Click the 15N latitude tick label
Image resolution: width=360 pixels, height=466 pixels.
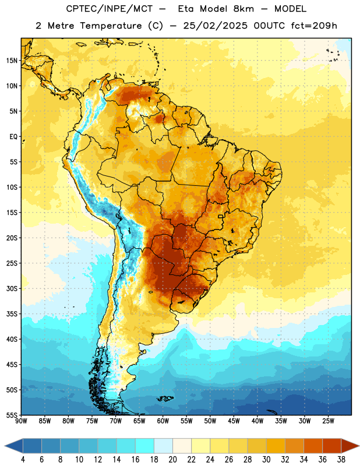[x=12, y=61]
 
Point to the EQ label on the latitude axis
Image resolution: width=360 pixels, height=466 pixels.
[x=13, y=137]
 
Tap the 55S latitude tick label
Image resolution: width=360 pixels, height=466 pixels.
[x=12, y=415]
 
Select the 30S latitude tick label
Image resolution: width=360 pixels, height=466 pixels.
[x=12, y=288]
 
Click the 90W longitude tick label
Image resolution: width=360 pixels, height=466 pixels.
[x=21, y=421]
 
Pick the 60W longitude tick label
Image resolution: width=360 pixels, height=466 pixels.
[x=163, y=421]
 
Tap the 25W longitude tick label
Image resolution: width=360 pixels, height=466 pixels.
[x=328, y=421]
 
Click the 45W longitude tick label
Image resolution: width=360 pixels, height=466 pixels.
[x=234, y=421]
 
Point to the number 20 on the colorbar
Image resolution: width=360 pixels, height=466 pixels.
[x=172, y=460]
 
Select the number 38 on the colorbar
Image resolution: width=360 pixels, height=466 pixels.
[x=341, y=460]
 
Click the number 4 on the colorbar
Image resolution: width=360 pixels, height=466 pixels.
[x=23, y=460]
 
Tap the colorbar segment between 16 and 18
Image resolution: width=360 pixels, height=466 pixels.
[x=144, y=446]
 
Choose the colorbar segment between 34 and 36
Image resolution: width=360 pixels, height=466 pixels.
[x=313, y=446]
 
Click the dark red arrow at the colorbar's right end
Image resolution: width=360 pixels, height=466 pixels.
[x=350, y=446]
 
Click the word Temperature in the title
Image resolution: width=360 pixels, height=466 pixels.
[x=111, y=26]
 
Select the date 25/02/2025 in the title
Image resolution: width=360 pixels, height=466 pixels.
[x=215, y=26]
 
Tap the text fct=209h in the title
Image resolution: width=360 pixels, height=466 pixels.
[x=314, y=26]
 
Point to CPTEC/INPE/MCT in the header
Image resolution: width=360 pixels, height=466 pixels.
[x=109, y=9]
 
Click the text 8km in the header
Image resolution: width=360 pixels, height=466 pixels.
[x=243, y=9]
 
